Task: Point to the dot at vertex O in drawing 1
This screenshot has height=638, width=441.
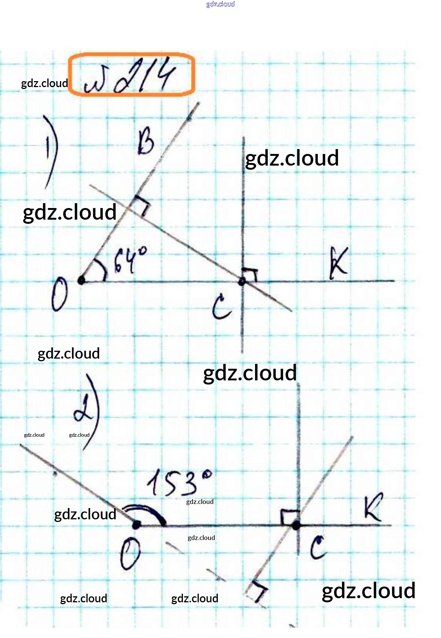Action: coord(81,280)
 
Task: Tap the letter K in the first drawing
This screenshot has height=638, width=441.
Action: coord(338,262)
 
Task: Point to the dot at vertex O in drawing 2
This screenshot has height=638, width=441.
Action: coord(137,525)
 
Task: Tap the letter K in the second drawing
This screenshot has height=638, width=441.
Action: coord(373,507)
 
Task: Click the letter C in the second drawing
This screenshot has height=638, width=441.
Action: coord(318,547)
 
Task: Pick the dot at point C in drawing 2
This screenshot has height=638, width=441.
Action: coord(296,525)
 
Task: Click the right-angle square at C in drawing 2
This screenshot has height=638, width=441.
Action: coord(290,517)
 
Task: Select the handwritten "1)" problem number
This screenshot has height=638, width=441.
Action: coord(51,152)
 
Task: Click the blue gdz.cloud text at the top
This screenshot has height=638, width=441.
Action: coord(220,4)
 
